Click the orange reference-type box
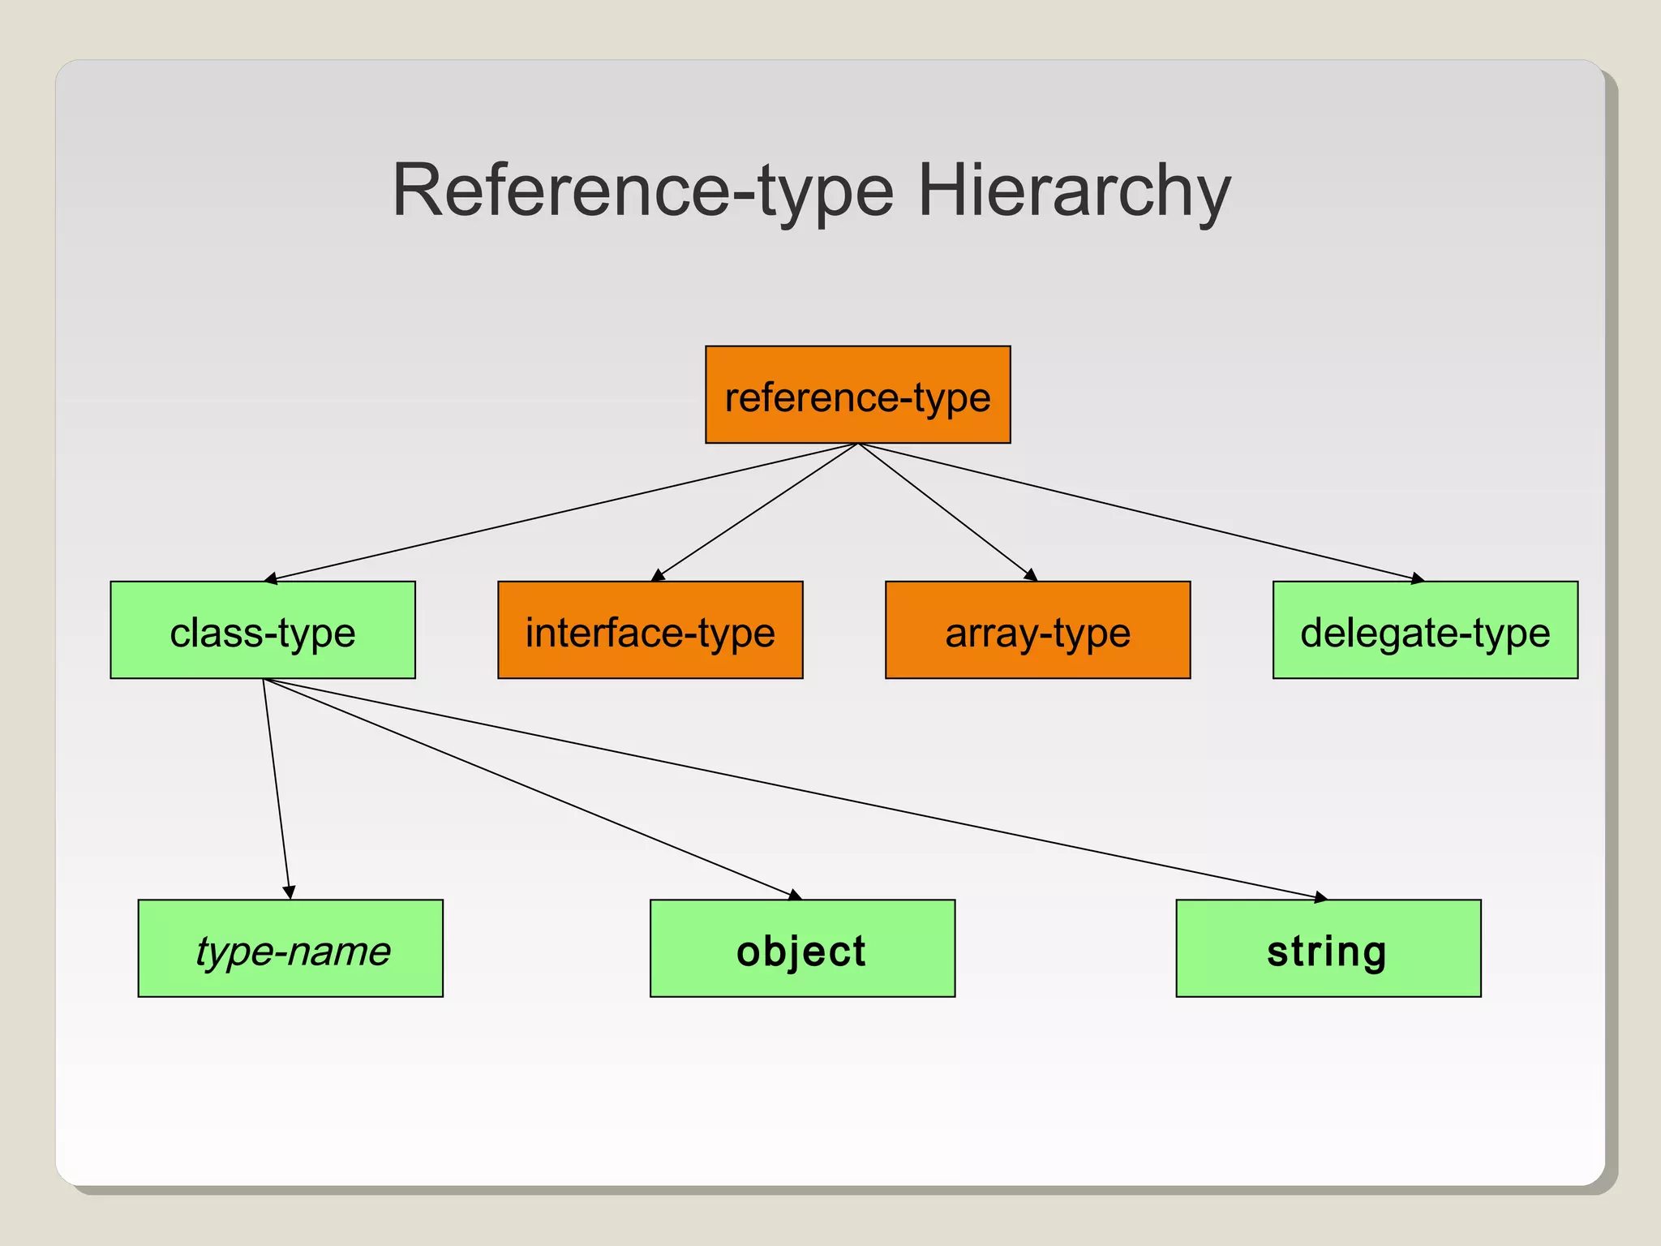(x=857, y=395)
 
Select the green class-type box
(x=263, y=629)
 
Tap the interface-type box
(x=650, y=629)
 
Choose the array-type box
(x=1037, y=629)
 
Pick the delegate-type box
(x=1425, y=629)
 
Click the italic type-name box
(x=290, y=947)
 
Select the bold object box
(x=802, y=947)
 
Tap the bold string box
(x=1328, y=947)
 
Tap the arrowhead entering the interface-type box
(x=658, y=575)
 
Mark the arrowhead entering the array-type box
(x=1031, y=575)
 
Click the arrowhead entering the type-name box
(x=290, y=892)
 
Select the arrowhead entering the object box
(x=795, y=895)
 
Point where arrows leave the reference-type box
(x=858, y=444)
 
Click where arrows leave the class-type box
(x=264, y=679)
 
